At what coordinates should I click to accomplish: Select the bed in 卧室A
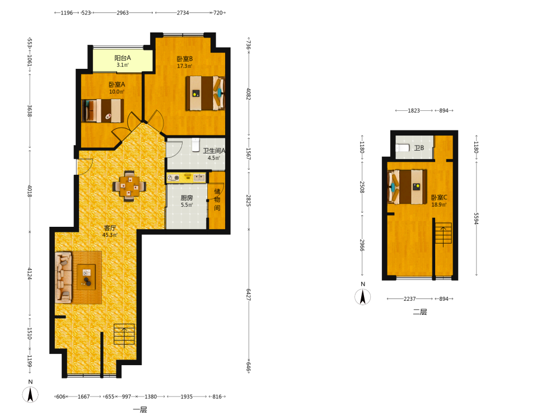(x=103, y=111)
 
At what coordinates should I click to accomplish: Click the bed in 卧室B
(x=205, y=93)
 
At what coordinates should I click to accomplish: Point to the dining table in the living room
(x=129, y=186)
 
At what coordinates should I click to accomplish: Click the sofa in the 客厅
(x=64, y=278)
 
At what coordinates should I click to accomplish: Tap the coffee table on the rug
(x=86, y=277)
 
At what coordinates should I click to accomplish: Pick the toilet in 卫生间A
(x=195, y=144)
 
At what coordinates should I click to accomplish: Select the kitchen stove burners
(x=174, y=178)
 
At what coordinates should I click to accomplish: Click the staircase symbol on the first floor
(x=124, y=335)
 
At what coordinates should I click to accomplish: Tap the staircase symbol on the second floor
(x=443, y=234)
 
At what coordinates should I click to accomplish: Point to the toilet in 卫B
(x=403, y=147)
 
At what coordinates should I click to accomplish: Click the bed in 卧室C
(x=408, y=187)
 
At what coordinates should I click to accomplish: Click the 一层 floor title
(x=140, y=410)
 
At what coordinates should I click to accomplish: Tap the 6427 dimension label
(x=249, y=295)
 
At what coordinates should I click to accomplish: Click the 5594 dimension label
(x=476, y=218)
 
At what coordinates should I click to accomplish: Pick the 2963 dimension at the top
(x=123, y=13)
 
